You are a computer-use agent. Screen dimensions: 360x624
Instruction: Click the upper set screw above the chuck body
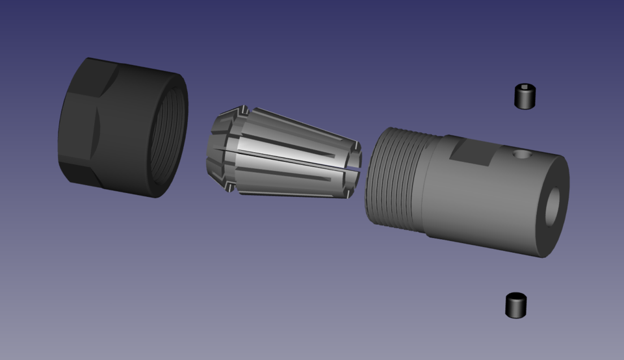(525, 97)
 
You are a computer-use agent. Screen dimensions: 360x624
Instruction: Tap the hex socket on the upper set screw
(525, 88)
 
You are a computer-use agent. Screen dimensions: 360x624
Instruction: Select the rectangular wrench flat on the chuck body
(471, 153)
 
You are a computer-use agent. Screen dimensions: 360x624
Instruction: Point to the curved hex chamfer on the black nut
(97, 127)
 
